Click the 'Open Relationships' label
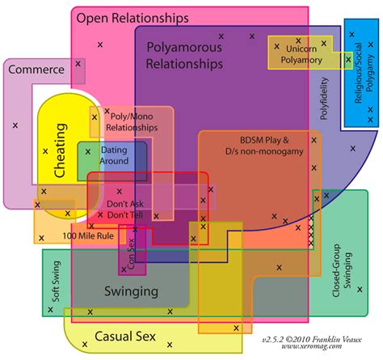tap(144, 16)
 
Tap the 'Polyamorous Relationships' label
tap(184, 54)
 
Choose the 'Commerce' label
tap(36, 70)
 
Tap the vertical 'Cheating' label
tap(61, 150)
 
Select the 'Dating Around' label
tap(114, 155)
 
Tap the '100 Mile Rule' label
tap(86, 235)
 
